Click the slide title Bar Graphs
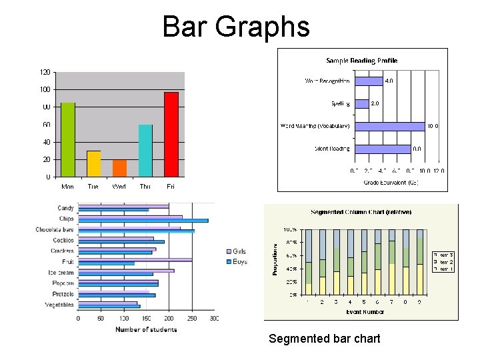pos(236,27)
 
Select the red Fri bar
pos(171,134)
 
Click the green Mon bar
pos(68,139)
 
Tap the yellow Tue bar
pos(94,163)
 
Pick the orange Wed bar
pos(119,168)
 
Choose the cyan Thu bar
pos(145,151)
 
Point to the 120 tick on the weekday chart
pos(45,72)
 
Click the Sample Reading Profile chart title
pos(361,61)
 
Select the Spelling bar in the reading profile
pos(361,103)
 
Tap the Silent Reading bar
pos(382,149)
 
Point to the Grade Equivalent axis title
pos(390,182)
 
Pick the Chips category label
pos(66,219)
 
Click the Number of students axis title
pos(146,329)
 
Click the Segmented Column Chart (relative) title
pos(361,212)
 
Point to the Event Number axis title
pos(365,312)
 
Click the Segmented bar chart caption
pos(324,339)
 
